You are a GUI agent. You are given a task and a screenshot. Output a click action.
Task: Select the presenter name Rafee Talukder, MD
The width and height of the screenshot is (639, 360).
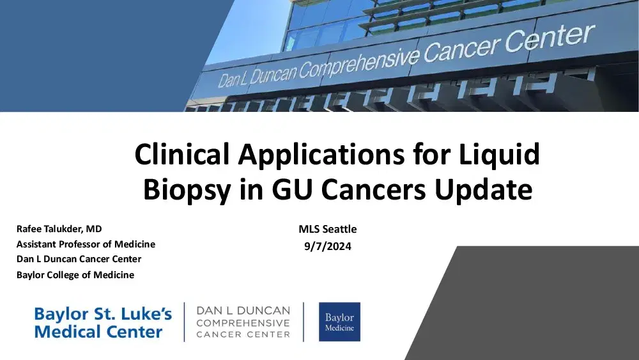tap(59, 229)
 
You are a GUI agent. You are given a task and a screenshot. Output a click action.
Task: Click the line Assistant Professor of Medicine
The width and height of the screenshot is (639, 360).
tap(86, 244)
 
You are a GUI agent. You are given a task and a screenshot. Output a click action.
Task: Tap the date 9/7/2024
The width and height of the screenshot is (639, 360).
tap(328, 244)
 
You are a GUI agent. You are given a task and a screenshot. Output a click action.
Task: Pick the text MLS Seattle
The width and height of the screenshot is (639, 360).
tap(328, 229)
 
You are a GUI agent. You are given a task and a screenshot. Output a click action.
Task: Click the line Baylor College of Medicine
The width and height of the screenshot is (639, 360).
tap(75, 275)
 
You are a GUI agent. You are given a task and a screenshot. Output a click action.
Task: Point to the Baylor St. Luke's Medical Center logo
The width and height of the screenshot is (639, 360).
tap(103, 323)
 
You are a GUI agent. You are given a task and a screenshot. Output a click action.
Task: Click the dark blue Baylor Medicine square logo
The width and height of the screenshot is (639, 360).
tap(339, 322)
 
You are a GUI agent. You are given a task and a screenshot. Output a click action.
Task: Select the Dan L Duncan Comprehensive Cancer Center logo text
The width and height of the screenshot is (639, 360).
tap(243, 322)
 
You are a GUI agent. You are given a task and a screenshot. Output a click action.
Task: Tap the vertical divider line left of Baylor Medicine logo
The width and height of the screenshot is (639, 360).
tap(304, 322)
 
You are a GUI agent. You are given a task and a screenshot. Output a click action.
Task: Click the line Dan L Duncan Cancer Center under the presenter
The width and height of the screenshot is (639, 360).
tap(79, 259)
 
